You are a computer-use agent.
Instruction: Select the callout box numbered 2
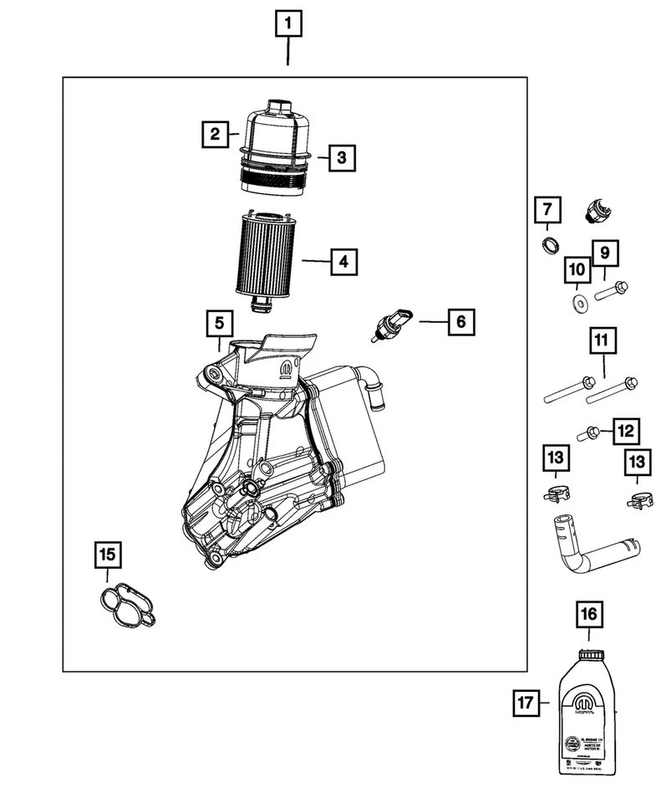pos(215,133)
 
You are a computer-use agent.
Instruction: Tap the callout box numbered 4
pos(343,262)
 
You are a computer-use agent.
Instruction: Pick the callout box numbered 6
pos(460,320)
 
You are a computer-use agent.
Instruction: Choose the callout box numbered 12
pos(626,431)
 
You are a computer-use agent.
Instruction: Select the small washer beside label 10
pos(576,300)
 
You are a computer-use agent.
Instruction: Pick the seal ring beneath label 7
pos(549,245)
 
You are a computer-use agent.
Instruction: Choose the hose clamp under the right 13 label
pos(638,502)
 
